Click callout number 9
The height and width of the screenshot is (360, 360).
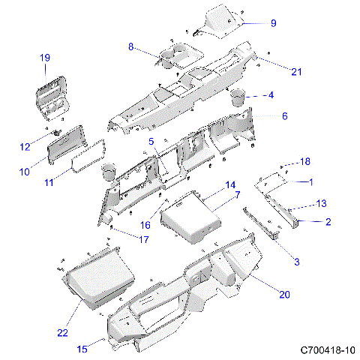click(x=273, y=23)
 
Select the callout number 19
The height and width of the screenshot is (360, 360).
click(x=44, y=58)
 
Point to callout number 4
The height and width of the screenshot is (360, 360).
click(x=271, y=95)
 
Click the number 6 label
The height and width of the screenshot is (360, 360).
click(x=285, y=116)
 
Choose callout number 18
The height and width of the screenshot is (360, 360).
click(x=304, y=162)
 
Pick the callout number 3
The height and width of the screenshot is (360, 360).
click(x=296, y=261)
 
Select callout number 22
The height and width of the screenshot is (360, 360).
click(x=63, y=332)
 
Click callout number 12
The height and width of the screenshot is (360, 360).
click(x=24, y=145)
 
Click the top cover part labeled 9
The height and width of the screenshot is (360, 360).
click(x=221, y=19)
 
